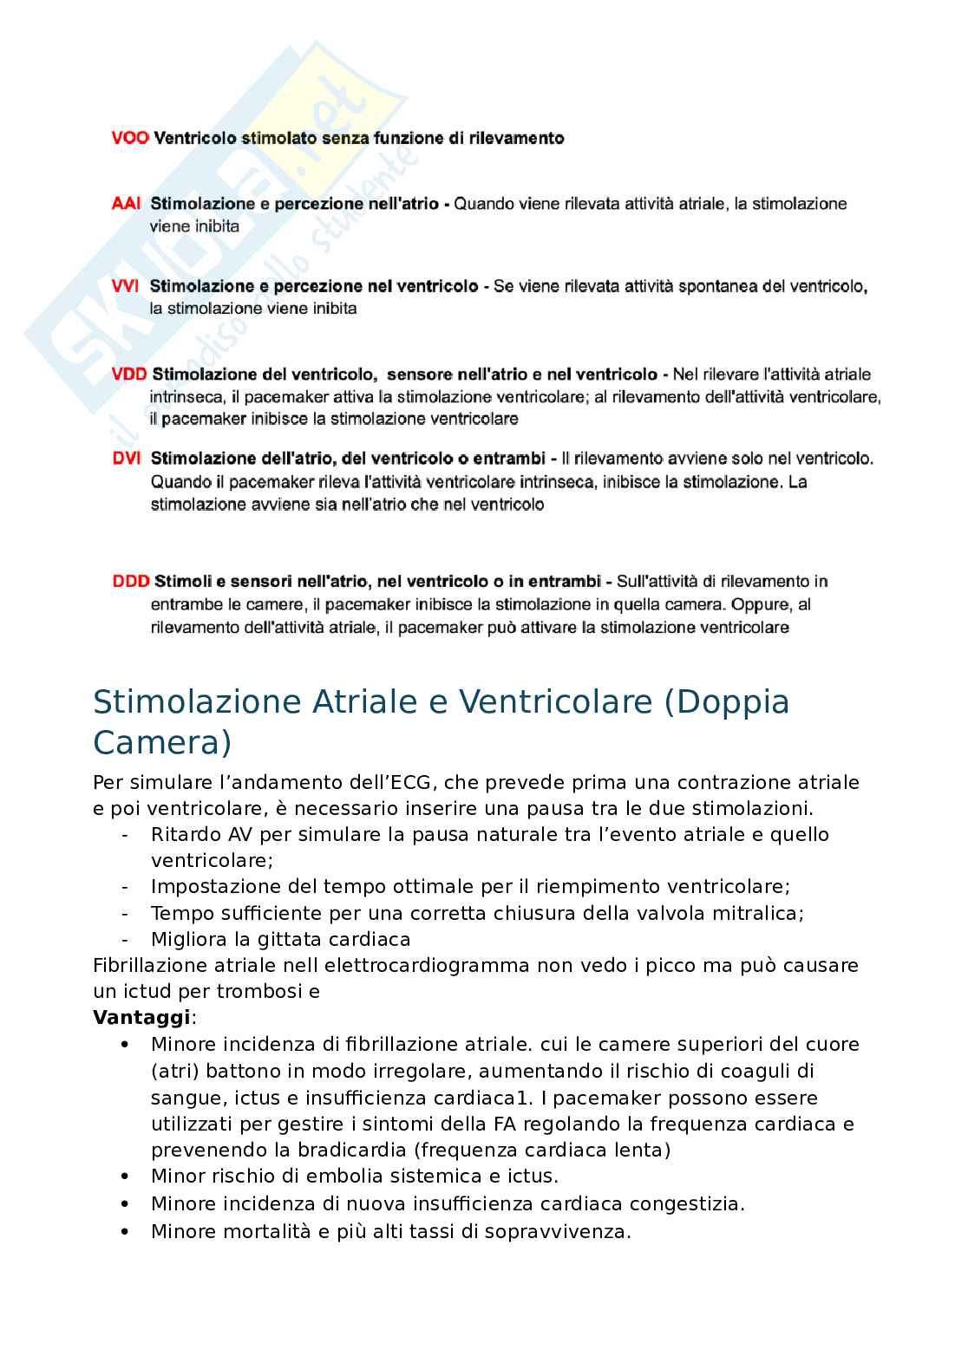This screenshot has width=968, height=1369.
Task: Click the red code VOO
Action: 130,138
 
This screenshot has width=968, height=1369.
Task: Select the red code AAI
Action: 126,204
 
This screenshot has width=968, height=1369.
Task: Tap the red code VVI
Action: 125,286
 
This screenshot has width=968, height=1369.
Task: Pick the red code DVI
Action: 126,459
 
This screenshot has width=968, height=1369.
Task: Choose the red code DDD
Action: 131,582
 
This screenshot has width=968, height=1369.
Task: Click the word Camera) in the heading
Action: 162,743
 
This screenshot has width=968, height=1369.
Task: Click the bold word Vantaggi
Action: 141,1017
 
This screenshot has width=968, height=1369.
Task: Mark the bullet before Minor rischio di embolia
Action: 125,1177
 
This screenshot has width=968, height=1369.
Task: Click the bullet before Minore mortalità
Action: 125,1231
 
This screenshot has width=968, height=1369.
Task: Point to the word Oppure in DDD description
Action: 760,604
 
